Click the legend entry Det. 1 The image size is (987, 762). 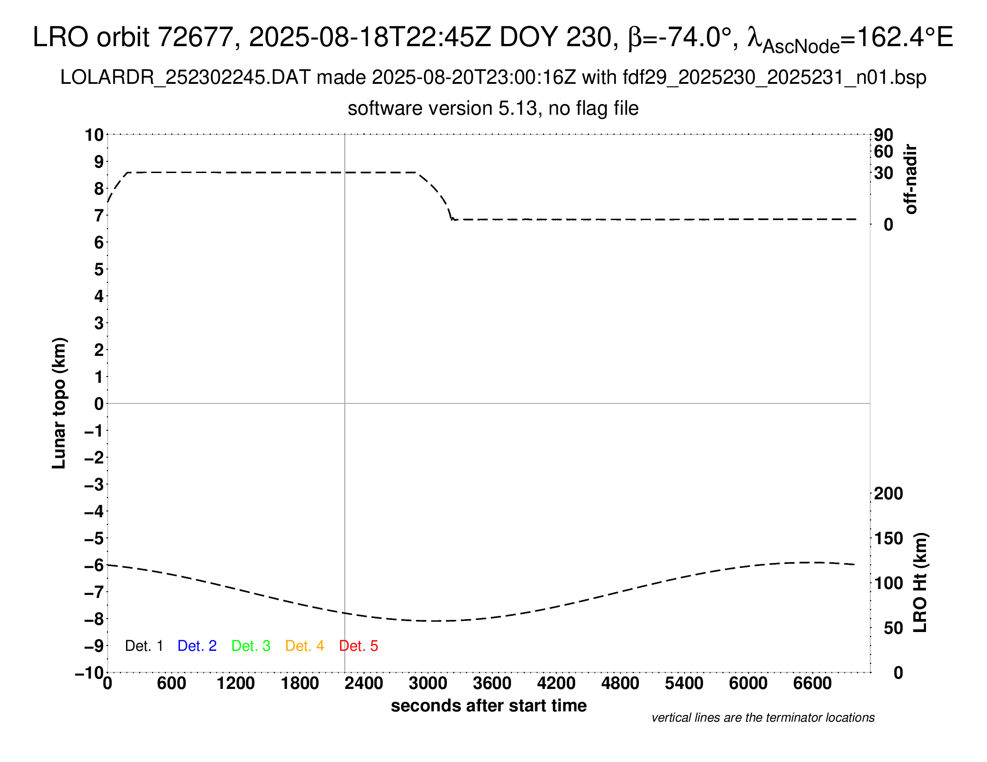tap(144, 646)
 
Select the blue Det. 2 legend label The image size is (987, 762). tap(197, 646)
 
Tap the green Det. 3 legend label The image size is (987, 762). tap(251, 646)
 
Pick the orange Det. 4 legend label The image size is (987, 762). tap(305, 646)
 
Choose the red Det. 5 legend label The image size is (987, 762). tap(358, 646)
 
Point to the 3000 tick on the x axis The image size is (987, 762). tap(428, 683)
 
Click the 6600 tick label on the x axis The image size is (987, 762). tap(812, 683)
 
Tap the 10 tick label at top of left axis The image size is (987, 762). tap(94, 135)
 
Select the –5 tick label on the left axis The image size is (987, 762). tap(94, 538)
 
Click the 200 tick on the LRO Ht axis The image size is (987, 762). tap(888, 494)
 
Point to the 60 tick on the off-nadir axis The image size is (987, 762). tap(883, 152)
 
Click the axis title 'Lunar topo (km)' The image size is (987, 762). tap(59, 403)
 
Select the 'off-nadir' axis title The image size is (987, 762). tap(911, 179)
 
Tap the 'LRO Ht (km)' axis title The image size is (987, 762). tap(920, 583)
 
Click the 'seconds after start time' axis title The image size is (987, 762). tap(489, 706)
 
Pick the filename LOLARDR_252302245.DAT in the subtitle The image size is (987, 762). tap(185, 78)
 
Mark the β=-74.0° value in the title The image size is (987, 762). tap(680, 37)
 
